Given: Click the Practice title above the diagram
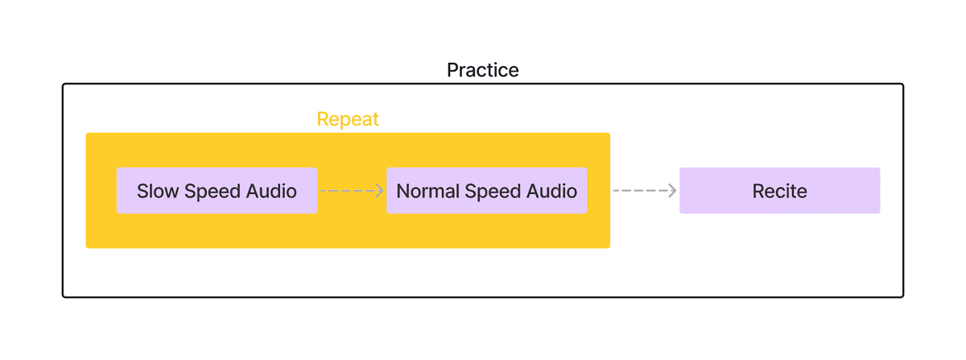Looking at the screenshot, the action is coord(482,70).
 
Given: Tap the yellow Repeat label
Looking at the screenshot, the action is coord(348,119).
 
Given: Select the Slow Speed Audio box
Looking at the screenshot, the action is coord(217,190).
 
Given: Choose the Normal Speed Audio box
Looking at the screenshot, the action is coord(486,190).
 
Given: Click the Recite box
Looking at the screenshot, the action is coord(780,190).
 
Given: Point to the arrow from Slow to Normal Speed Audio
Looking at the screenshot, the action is coord(352,190).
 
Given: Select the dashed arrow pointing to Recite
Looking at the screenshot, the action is coord(645,190).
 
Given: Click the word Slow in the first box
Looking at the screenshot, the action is coord(158,191).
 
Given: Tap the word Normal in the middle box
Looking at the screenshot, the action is coord(427,191).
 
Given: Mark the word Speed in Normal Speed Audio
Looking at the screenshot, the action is coord(493,192).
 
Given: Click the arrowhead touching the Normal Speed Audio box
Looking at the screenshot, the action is coord(380,190).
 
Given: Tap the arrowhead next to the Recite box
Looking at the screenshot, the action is coord(673,190).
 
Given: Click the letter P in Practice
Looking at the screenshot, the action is coord(452,70).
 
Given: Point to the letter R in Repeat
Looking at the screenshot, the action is coord(323,119).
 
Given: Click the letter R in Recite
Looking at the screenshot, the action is coord(758,191).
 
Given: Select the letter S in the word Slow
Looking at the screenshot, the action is coord(142,191).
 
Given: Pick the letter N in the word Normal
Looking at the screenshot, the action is coord(403,191).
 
